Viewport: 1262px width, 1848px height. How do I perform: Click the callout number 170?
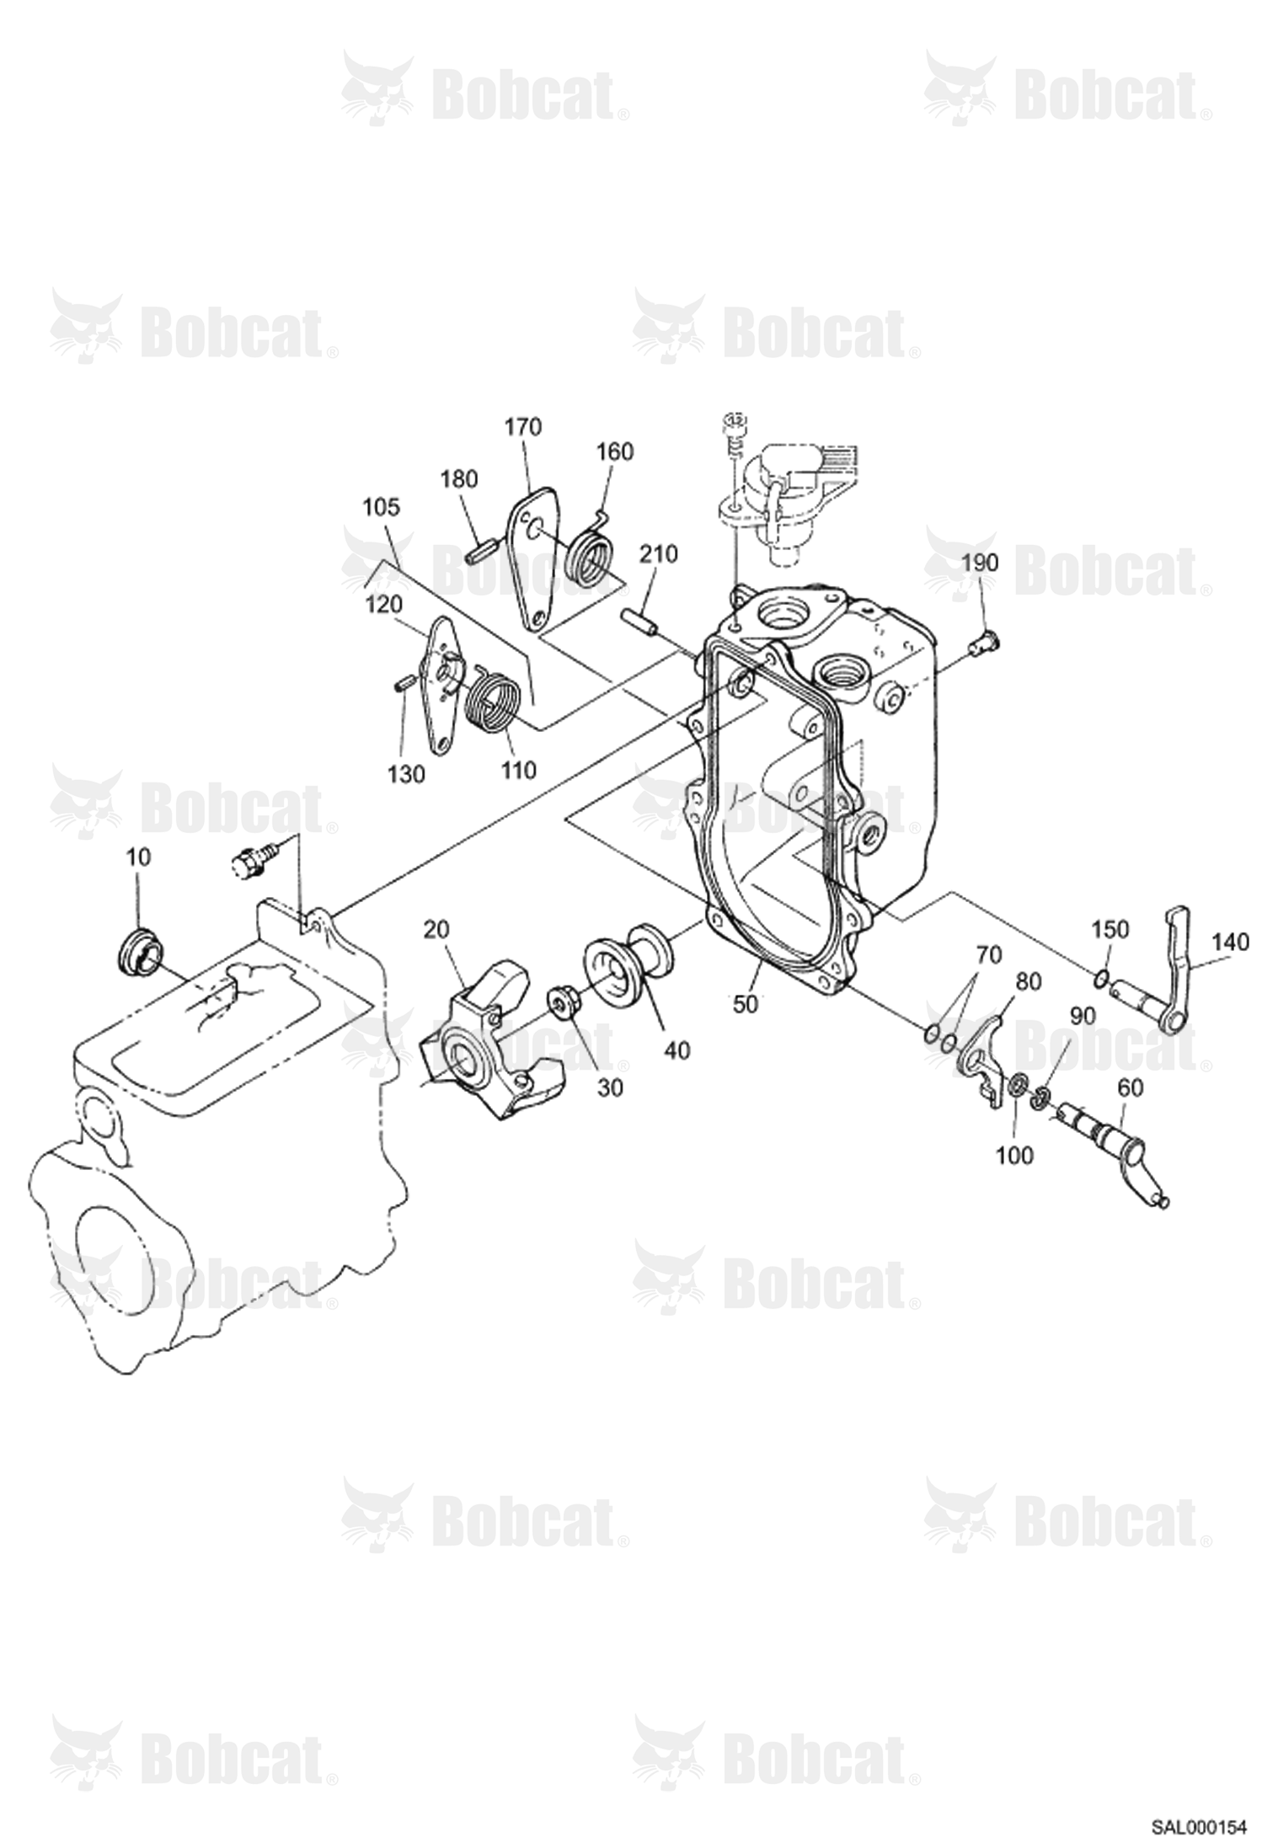coord(523,427)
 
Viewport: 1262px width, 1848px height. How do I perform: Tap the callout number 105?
coord(382,508)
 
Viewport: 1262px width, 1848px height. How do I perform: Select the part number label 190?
coord(979,563)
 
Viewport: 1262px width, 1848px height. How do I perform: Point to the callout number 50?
coord(746,1003)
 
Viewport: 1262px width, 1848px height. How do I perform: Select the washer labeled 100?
coord(1017,1087)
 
